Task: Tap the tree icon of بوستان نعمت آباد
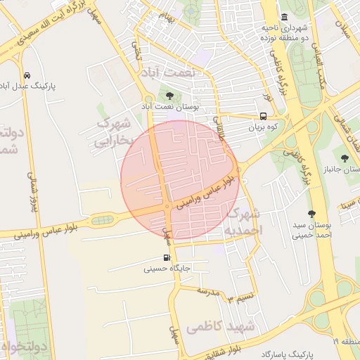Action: click(169, 96)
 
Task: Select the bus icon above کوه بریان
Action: click(263, 117)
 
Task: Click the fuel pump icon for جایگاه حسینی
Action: click(167, 257)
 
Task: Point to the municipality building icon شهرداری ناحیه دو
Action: click(284, 18)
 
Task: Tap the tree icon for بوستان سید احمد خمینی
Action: click(311, 214)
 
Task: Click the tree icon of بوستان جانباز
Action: click(344, 158)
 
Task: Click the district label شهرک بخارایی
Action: click(115, 132)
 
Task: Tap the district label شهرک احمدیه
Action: click(247, 221)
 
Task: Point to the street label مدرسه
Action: click(209, 290)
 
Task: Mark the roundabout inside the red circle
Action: click(167, 205)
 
